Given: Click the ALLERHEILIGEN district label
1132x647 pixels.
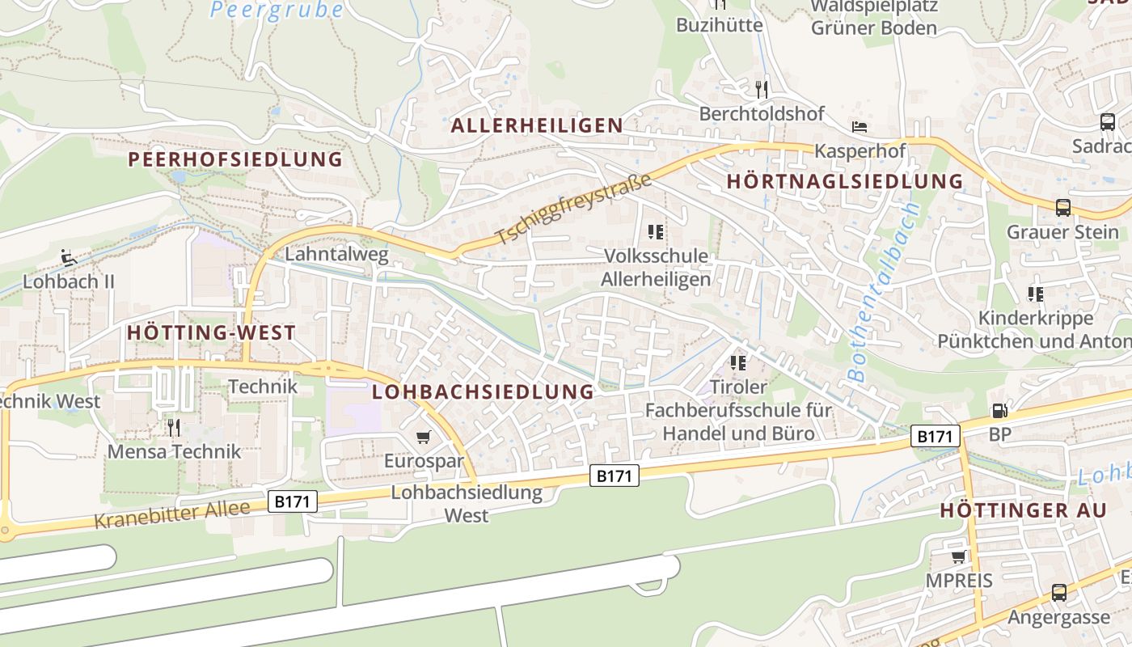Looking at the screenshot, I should pyautogui.click(x=537, y=125).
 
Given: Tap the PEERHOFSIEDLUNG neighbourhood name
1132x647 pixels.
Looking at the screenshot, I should pyautogui.click(x=235, y=159).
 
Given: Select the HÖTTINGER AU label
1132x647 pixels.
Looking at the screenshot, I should pyautogui.click(x=1022, y=510).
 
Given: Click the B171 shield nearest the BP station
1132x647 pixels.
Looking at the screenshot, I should pyautogui.click(x=935, y=437).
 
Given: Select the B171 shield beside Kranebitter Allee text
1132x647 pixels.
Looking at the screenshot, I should pyautogui.click(x=292, y=501).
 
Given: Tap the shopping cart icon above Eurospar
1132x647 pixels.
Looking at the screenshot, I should pyautogui.click(x=423, y=438).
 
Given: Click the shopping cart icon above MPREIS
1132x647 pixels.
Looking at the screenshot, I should pyautogui.click(x=958, y=556).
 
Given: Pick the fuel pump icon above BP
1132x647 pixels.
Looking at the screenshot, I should pyautogui.click(x=999, y=411).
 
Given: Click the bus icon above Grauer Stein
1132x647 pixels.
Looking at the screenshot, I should pyautogui.click(x=1063, y=207).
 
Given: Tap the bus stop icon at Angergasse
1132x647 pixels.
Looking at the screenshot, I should pyautogui.click(x=1058, y=593).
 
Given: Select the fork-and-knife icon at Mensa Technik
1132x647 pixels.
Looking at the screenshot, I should pyautogui.click(x=174, y=427).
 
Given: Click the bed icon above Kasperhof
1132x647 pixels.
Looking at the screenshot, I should pyautogui.click(x=860, y=127).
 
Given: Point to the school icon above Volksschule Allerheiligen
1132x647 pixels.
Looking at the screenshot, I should pyautogui.click(x=656, y=232).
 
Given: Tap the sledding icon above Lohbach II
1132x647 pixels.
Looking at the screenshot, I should pyautogui.click(x=69, y=259).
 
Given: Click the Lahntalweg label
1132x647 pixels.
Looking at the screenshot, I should pyautogui.click(x=337, y=255).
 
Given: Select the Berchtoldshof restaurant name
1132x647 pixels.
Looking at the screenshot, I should pyautogui.click(x=762, y=113).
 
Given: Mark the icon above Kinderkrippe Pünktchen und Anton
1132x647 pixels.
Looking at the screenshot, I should pyautogui.click(x=1035, y=294).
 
